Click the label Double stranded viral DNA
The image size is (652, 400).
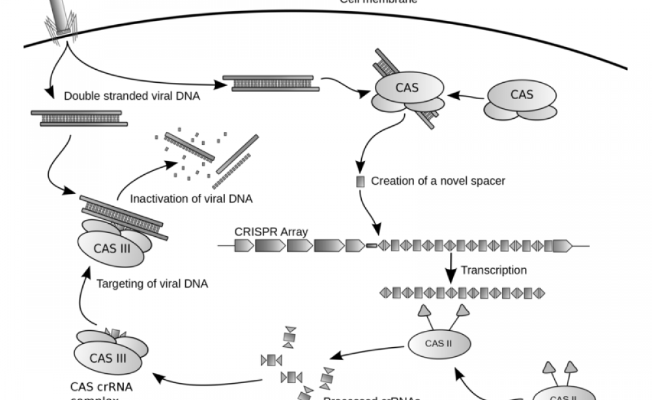(x=132, y=96)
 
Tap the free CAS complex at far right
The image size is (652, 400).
(x=522, y=100)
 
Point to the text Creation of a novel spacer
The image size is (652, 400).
(x=437, y=181)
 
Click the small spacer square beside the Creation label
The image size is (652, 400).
(x=360, y=181)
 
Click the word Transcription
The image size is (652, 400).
(x=494, y=270)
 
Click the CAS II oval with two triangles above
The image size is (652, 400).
(x=438, y=343)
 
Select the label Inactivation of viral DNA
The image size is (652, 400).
(x=191, y=198)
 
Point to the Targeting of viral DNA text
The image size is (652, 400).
(x=152, y=284)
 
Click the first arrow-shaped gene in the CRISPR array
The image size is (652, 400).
(x=244, y=246)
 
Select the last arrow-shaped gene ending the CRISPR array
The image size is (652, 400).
(x=562, y=246)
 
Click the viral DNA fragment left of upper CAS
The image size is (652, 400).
(x=271, y=83)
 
